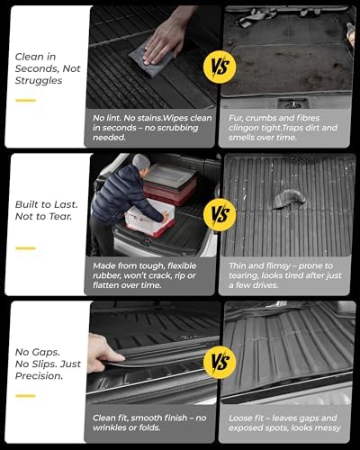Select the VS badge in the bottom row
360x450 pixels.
220,363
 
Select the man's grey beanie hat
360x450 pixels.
141,162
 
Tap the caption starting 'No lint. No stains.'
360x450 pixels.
152,128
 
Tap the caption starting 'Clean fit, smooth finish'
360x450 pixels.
152,424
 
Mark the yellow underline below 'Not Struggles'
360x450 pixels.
25,100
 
